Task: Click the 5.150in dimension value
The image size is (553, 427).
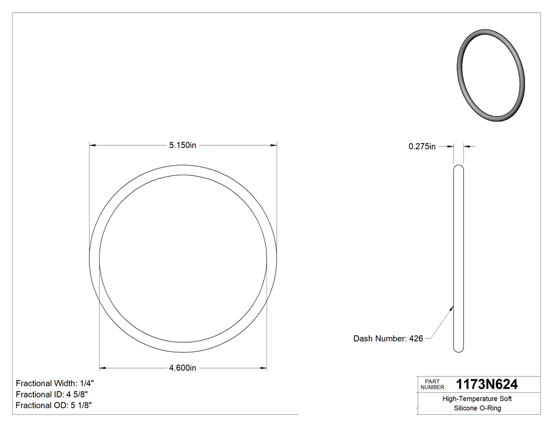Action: point(183,145)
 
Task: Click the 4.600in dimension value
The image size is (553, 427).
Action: point(183,368)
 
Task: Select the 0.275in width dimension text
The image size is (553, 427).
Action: point(422,147)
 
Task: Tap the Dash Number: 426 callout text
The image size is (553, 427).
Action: point(388,339)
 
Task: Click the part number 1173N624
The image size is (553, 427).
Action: point(487,384)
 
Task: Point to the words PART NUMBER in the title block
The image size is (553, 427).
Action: point(432,384)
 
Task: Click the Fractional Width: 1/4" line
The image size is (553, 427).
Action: point(55,383)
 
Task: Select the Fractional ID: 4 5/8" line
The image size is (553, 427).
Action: point(52,394)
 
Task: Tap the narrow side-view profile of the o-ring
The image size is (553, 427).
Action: point(459,258)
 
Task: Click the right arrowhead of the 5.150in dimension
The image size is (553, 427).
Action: point(273,145)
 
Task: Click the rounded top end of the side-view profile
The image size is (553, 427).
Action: point(459,168)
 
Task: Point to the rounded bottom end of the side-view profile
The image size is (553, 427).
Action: point(459,349)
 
